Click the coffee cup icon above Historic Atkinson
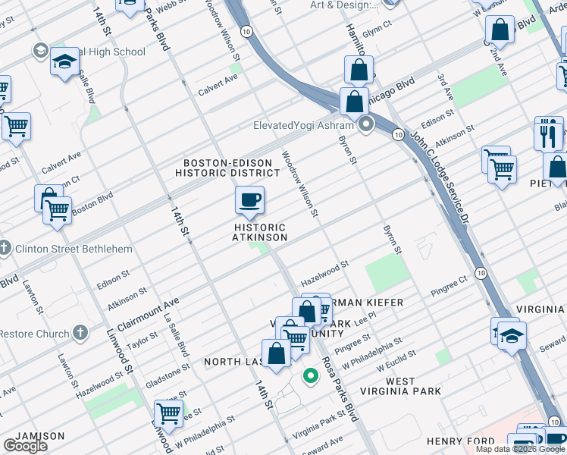[249, 201]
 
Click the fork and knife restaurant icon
[549, 135]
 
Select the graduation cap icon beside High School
[65, 61]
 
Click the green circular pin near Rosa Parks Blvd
[309, 375]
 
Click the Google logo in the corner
[25, 446]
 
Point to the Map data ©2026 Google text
[520, 449]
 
